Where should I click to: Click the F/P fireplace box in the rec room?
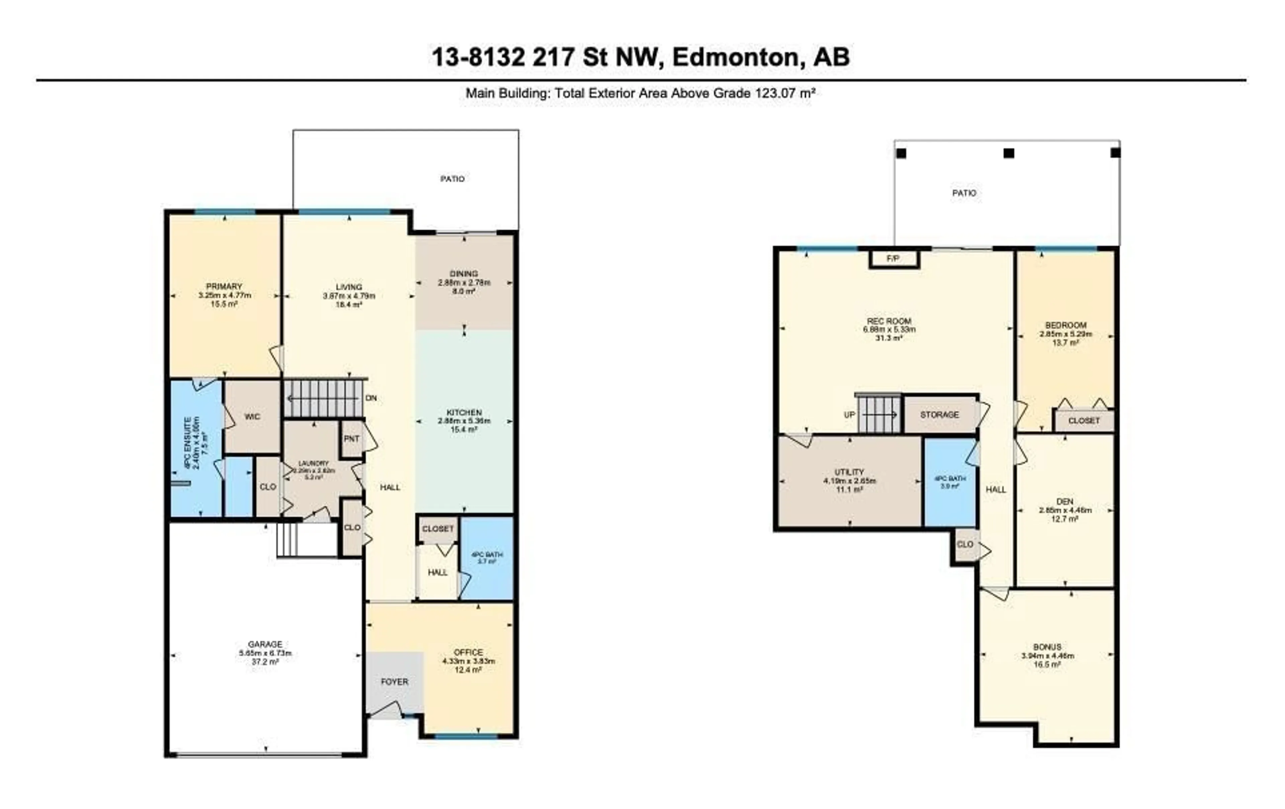(x=893, y=259)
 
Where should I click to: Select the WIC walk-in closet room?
(x=252, y=417)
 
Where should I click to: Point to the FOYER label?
(x=394, y=682)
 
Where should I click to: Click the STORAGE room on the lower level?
(x=939, y=415)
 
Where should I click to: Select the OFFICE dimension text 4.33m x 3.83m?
(x=468, y=661)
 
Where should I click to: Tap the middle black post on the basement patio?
(x=1009, y=153)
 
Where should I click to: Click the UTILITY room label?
(x=849, y=472)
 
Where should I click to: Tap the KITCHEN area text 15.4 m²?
(x=464, y=429)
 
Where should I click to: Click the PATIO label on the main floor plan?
(x=452, y=179)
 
